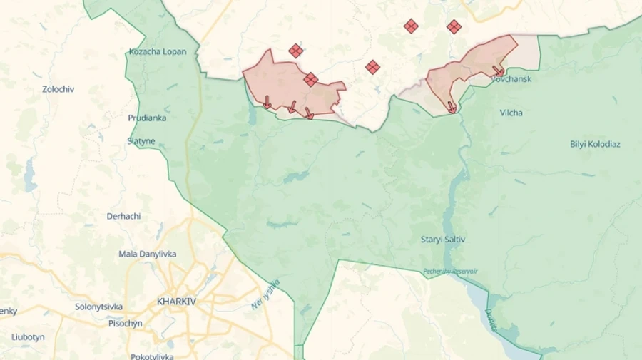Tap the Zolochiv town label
point(58,89)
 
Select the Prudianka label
point(147,118)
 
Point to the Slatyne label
point(141,141)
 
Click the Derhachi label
point(123,216)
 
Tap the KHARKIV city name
point(176,302)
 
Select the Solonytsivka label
point(98,307)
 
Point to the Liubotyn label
point(28,336)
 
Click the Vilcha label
point(511,113)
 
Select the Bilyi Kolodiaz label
point(595,144)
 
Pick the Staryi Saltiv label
point(443,240)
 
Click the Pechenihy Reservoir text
point(450,271)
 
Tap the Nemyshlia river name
point(265,294)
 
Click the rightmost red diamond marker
point(454,27)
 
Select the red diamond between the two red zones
point(372,67)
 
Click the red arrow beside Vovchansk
point(498,71)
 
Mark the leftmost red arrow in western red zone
point(266,103)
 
